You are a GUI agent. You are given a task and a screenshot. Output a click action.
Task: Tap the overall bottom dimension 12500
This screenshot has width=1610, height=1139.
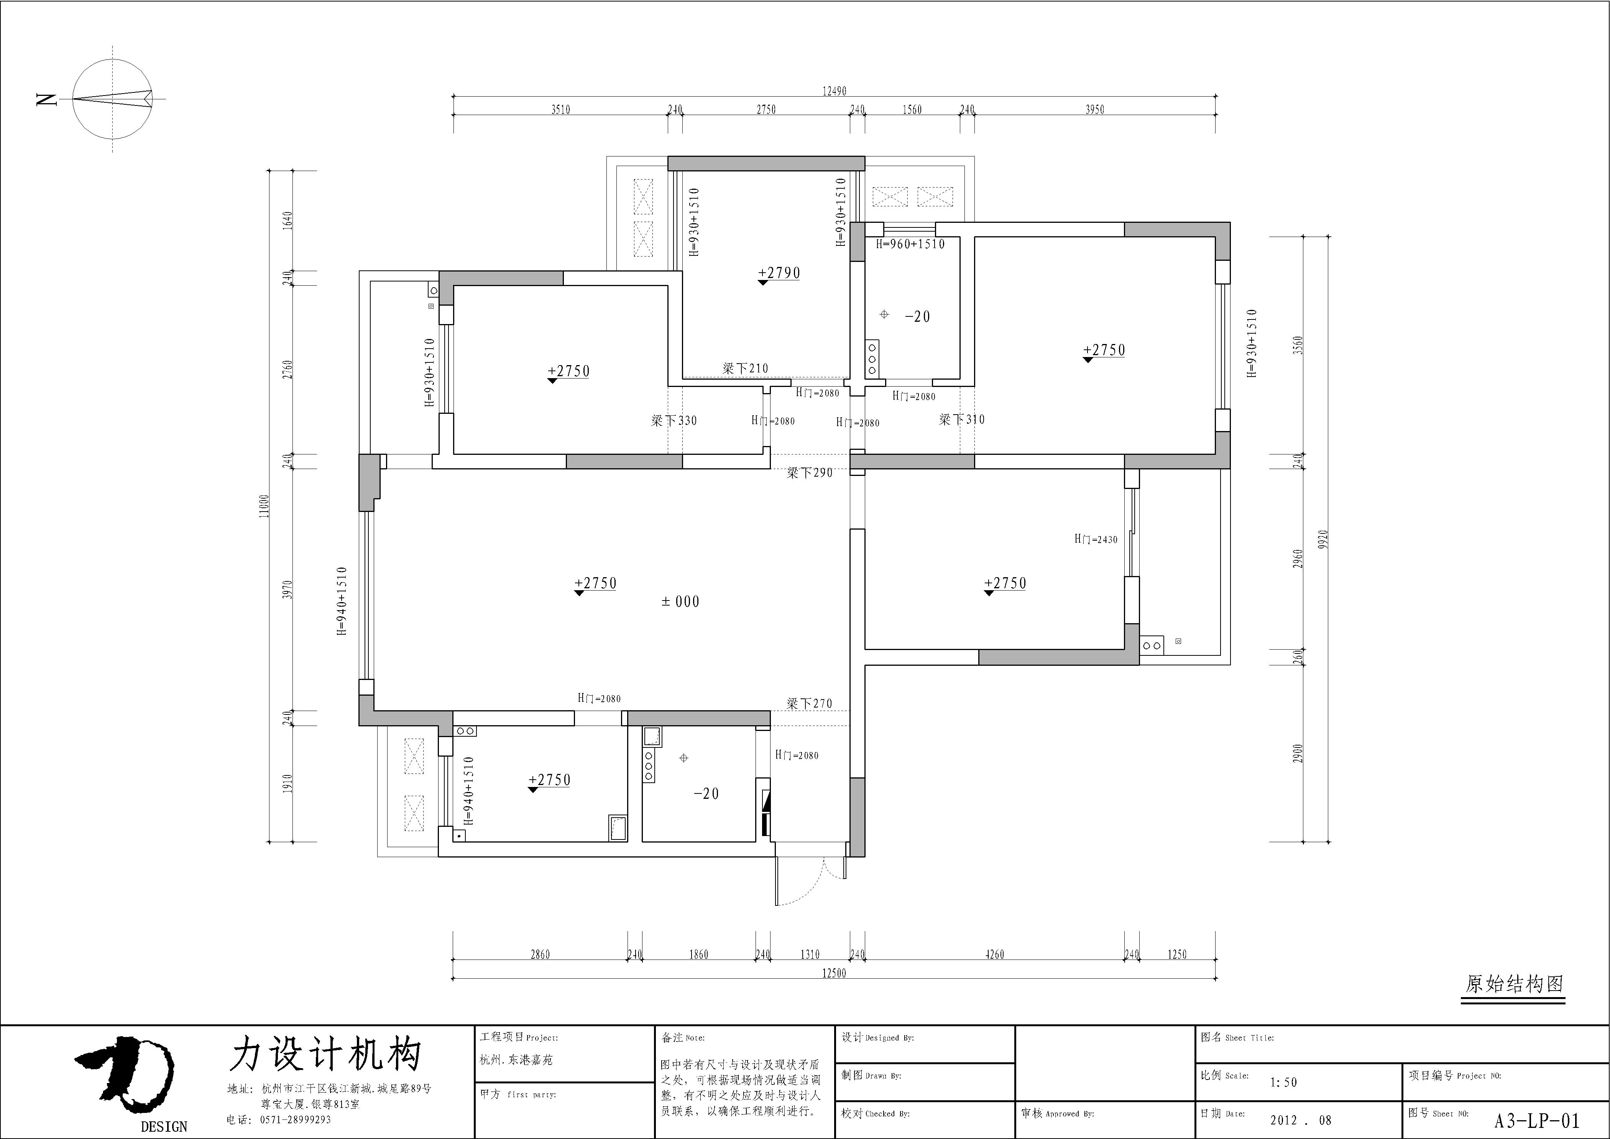834,973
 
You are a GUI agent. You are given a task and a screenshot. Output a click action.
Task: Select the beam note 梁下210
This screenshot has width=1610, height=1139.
746,368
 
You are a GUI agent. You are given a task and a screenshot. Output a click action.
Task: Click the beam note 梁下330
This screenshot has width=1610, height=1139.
674,421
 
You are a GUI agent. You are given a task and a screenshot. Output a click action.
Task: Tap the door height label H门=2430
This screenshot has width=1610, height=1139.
1095,539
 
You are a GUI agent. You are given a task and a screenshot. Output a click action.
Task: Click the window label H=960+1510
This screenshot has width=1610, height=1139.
910,244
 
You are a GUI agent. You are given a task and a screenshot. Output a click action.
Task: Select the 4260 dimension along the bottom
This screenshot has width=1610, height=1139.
994,955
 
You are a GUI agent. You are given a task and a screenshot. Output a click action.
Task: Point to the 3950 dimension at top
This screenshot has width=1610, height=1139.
1094,109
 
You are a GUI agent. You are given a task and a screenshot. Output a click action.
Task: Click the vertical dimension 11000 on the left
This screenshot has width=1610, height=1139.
264,506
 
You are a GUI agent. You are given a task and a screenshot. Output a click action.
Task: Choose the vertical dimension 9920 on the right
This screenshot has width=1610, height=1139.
1322,539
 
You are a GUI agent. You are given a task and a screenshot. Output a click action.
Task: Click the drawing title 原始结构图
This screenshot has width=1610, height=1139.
1514,984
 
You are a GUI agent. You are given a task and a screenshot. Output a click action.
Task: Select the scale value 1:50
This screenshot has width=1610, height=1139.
1283,1082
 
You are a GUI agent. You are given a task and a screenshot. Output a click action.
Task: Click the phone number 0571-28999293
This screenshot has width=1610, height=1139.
295,1120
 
